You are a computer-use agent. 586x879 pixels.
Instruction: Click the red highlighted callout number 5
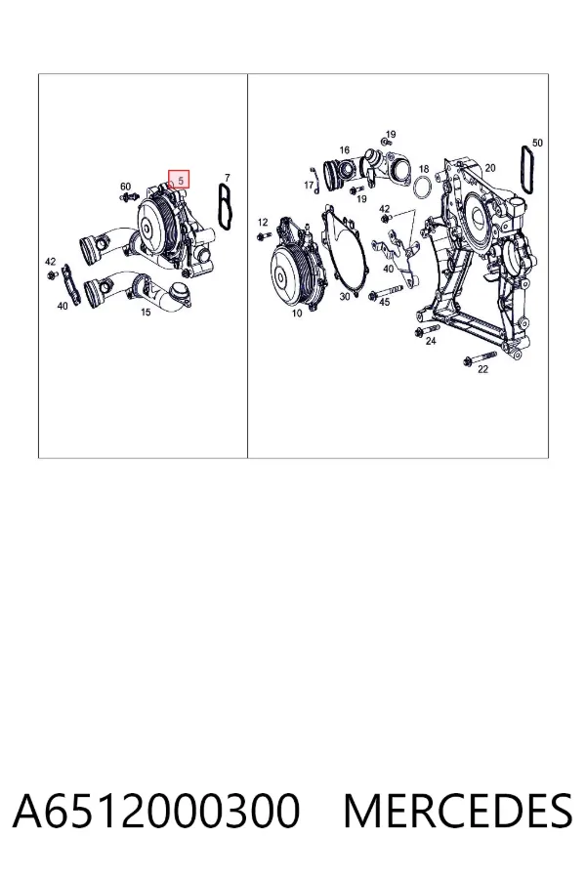[180, 181]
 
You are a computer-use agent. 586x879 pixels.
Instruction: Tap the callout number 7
[228, 178]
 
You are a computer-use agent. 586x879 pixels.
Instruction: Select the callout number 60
[126, 187]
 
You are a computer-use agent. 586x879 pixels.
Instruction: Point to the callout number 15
[146, 313]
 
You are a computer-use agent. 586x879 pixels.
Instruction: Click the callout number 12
[263, 223]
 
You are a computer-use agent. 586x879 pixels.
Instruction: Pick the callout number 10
[297, 314]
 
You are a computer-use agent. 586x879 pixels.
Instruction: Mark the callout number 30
[345, 297]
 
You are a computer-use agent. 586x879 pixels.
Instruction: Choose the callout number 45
[384, 302]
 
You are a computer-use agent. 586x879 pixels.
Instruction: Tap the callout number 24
[431, 340]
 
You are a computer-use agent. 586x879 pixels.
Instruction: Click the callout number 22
[482, 369]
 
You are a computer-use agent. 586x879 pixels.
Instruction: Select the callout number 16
[345, 149]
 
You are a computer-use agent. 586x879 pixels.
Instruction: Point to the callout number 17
[309, 185]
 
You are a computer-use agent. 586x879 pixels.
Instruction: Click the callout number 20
[490, 168]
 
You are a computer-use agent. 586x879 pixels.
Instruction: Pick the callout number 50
[537, 143]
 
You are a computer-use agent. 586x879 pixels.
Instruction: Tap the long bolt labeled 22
[480, 358]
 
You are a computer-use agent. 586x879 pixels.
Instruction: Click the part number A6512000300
[156, 811]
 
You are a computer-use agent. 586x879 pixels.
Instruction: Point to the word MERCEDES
[458, 811]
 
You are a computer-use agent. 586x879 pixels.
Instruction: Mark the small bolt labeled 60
[129, 196]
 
